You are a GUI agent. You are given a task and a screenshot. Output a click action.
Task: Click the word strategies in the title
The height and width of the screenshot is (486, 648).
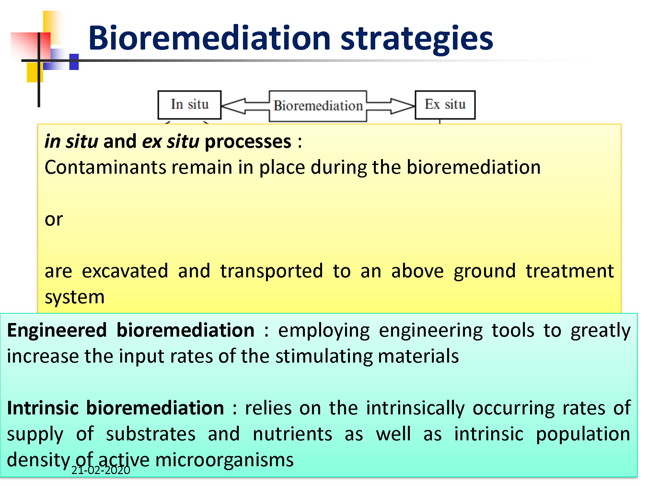[417, 40]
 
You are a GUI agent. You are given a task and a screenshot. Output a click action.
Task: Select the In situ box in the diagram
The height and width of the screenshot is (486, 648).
[190, 105]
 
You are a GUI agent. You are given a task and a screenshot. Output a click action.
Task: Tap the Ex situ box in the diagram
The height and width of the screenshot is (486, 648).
[445, 105]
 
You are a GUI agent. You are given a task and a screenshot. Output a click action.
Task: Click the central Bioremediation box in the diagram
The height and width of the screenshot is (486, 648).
[318, 106]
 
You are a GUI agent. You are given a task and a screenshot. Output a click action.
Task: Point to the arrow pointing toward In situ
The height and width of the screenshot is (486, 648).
[246, 106]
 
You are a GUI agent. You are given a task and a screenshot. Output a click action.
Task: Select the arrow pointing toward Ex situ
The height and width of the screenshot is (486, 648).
[391, 106]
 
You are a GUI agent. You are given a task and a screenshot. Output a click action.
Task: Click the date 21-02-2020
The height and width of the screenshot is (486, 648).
[101, 470]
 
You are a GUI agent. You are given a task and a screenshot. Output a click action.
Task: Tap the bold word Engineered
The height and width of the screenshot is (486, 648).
[57, 330]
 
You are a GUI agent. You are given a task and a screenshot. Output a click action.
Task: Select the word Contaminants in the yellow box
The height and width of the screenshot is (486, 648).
[106, 168]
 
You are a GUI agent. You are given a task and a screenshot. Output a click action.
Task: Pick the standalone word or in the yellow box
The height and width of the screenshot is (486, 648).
[54, 220]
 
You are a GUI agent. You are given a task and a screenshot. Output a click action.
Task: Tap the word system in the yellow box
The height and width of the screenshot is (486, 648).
[75, 297]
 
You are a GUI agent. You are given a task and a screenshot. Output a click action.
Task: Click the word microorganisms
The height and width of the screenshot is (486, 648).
[225, 460]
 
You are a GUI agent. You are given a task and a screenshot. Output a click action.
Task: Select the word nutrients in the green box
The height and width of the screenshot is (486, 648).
[293, 434]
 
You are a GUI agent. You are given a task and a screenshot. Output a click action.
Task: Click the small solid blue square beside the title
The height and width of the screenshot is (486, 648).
[74, 62]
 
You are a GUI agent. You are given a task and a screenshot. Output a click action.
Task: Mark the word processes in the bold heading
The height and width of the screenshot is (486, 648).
[248, 142]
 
